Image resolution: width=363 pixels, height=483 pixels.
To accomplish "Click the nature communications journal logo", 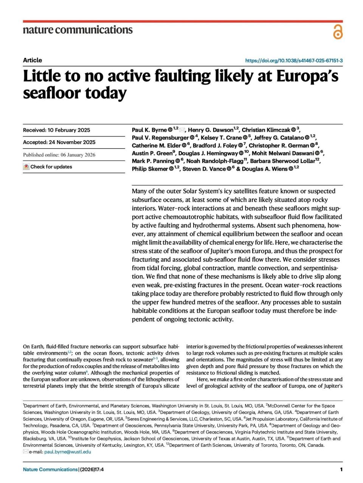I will [78, 30].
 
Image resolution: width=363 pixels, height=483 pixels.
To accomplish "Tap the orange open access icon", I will [338, 32].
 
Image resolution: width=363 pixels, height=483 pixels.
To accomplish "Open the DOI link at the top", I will [294, 60].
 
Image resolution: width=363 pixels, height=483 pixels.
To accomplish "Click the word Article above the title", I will [33, 60].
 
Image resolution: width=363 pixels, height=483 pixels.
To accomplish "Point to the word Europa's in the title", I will [307, 76].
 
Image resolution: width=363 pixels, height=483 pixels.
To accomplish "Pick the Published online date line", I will [59, 155].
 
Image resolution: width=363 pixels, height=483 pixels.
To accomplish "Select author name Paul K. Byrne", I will [149, 130].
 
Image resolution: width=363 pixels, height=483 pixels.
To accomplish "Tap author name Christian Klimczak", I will [266, 130].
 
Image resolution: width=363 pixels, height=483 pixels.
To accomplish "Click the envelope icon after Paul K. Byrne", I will [182, 130].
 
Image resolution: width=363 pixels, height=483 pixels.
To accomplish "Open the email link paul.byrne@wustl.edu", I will [67, 452].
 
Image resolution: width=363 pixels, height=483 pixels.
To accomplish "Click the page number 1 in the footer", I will [341, 469].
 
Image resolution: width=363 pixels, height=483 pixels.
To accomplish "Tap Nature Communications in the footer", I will [50, 469].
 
